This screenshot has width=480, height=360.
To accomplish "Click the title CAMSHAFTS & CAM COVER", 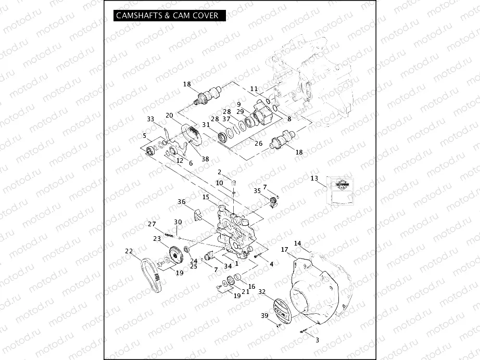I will [167, 16].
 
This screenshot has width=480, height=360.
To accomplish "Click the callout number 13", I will [314, 178].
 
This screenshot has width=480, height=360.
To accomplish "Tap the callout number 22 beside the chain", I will [129, 251].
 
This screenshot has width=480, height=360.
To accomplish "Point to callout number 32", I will [262, 292].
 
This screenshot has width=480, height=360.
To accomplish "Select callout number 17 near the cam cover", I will [285, 250].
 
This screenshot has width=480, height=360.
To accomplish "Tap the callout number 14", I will [297, 243].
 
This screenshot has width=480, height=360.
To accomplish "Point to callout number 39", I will [264, 316].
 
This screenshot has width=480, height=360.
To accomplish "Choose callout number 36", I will [182, 201].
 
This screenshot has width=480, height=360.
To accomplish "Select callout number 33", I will [150, 119].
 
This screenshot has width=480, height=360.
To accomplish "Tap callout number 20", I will [169, 115].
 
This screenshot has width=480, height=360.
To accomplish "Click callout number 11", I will [254, 89].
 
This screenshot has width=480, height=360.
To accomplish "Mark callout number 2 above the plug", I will [220, 172].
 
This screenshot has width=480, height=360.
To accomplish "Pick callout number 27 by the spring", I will [152, 224].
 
